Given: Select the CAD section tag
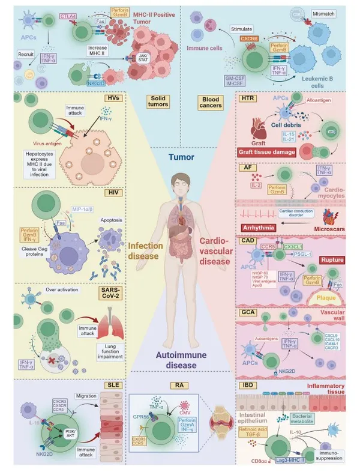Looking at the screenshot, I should [248, 239].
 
